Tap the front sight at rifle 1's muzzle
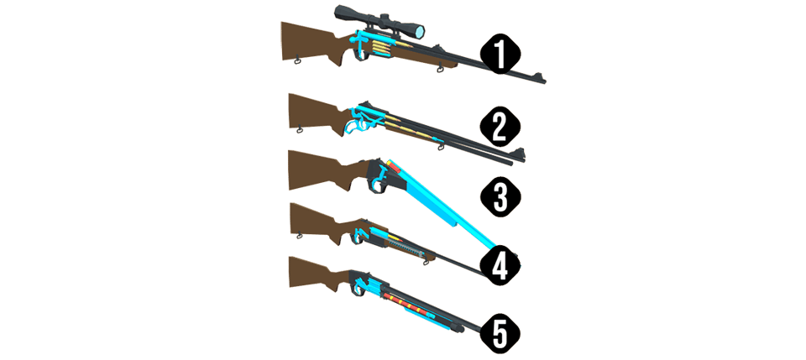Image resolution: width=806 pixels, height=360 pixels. click(538, 76)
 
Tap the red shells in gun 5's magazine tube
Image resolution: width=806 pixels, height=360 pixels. click(395, 298)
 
